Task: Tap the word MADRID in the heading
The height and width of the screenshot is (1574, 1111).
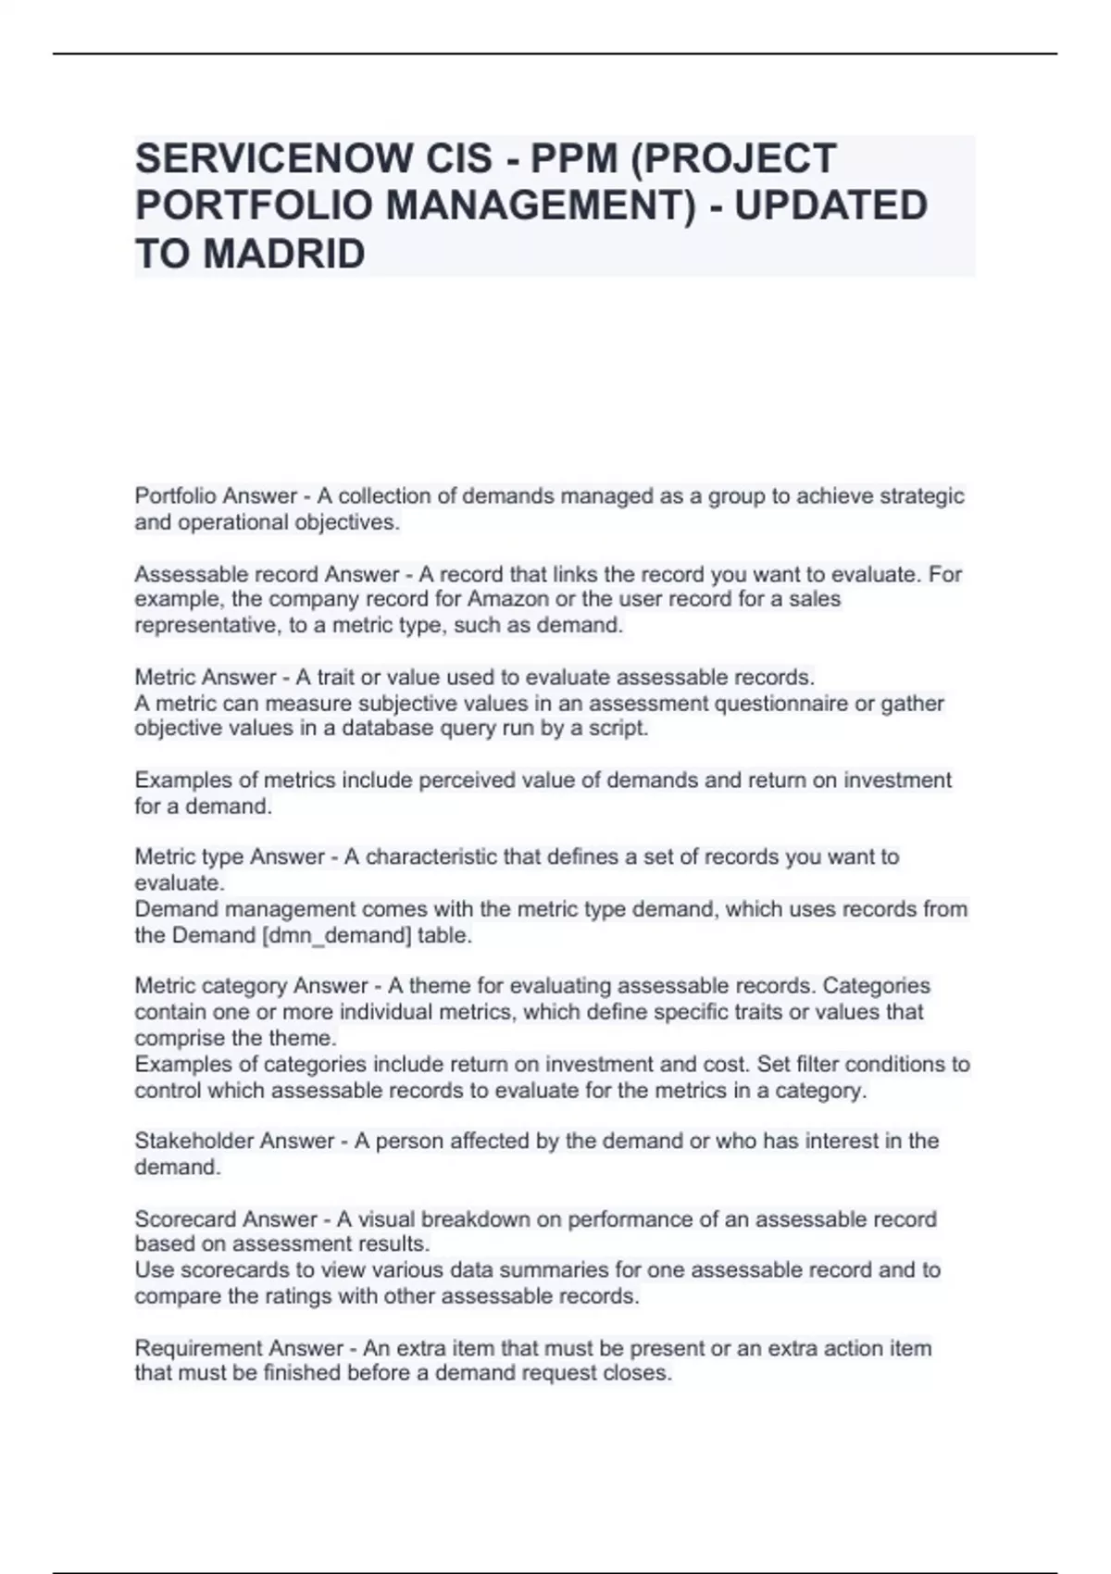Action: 283,254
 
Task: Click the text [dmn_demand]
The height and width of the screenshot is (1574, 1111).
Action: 337,935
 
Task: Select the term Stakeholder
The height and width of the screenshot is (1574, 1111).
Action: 181,1141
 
